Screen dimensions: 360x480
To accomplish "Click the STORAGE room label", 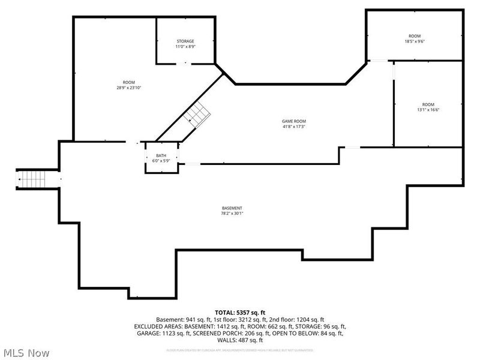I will (x=185, y=41).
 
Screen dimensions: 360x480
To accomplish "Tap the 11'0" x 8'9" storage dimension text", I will (x=185, y=47).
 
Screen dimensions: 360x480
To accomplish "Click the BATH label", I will (x=161, y=155).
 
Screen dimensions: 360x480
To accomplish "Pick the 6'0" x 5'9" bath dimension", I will (x=161, y=161).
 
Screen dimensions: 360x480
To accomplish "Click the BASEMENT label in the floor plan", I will (x=232, y=208).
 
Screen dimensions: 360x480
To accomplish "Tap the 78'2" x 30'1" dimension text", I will (x=232, y=213).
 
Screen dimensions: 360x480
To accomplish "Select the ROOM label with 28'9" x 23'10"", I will (x=128, y=82).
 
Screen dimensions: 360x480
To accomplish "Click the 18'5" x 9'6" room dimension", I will (x=415, y=41).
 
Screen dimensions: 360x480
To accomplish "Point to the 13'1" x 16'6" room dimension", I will (x=427, y=110).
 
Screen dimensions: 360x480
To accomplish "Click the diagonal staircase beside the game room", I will (x=197, y=113).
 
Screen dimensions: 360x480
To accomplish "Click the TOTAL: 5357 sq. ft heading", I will (x=240, y=312).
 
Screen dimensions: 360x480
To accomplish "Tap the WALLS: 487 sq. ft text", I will (x=240, y=340).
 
